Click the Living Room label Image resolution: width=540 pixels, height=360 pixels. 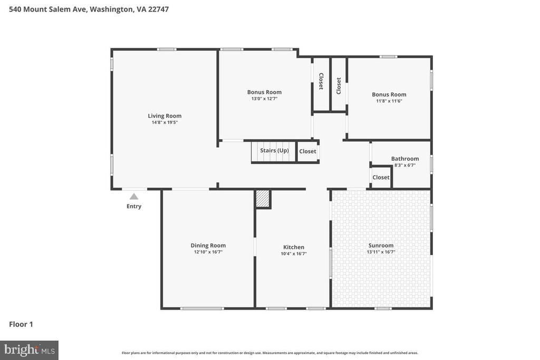[165, 116]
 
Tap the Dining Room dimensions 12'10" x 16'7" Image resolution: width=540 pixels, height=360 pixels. [208, 252]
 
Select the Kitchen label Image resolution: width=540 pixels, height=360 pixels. [294, 247]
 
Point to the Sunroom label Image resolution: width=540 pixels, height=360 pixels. [381, 245]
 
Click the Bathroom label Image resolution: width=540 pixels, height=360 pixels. [405, 159]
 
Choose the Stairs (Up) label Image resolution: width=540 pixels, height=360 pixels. [274, 151]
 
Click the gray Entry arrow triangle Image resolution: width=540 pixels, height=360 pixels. [134, 197]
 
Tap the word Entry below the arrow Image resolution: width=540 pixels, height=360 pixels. [134, 206]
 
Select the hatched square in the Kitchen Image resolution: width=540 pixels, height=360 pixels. [263, 199]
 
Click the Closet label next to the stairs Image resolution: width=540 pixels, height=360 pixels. [307, 151]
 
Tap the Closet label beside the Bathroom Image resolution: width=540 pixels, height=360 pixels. [381, 178]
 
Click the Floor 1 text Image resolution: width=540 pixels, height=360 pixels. [21, 324]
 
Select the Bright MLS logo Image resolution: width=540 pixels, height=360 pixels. [29, 349]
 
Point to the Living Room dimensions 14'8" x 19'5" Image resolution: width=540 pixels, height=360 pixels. [165, 122]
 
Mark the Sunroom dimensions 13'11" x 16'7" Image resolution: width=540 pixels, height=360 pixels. [381, 252]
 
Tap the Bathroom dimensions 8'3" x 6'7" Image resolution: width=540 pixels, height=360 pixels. [405, 165]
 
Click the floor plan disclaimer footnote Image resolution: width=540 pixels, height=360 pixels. [269, 353]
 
